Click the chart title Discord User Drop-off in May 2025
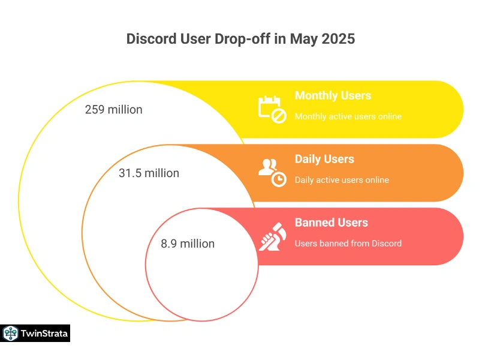pos(240,39)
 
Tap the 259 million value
pos(114,110)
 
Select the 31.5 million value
pos(149,173)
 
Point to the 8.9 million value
pos(188,244)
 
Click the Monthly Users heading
pos(333,95)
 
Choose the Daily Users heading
pos(324,159)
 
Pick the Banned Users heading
pos(332,223)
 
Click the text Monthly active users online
pos(348,116)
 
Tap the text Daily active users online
pos(342,180)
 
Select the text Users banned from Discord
pos(348,244)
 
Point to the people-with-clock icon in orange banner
pos(272,173)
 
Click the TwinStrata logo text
pos(44,334)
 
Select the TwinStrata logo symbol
pos(10,334)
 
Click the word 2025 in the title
pos(338,39)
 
